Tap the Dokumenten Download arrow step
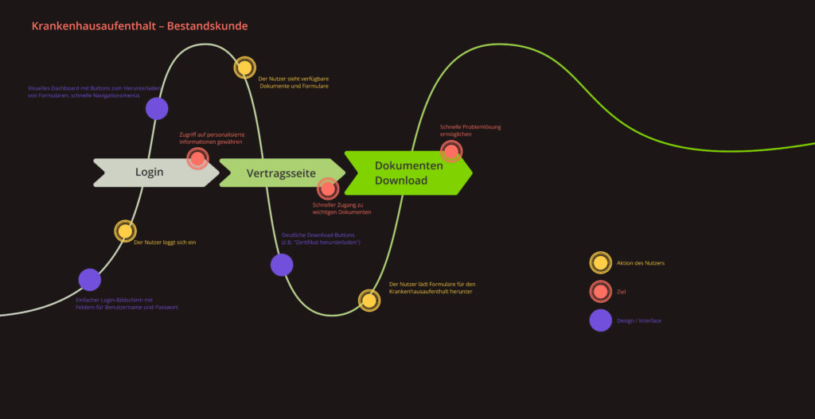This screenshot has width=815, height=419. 408,173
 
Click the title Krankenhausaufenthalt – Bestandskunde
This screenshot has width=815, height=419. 140,26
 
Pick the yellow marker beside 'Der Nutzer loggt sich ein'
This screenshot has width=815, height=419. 125,231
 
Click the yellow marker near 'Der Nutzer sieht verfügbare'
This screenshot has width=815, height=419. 244,68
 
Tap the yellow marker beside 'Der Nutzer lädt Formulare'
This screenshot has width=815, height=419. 369,300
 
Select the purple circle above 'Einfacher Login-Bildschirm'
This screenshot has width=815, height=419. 89,280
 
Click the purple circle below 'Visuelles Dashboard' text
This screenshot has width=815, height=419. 157,108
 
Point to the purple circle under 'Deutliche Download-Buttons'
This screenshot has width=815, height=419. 282,265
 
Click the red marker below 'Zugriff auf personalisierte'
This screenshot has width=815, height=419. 197,158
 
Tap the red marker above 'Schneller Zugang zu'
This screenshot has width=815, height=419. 328,188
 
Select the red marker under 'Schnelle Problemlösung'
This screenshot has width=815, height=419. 451,151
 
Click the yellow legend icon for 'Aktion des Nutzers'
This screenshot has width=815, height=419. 600,262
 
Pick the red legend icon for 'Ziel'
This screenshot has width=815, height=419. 600,291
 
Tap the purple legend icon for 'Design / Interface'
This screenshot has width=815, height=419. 600,320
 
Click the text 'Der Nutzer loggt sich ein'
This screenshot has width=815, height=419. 165,242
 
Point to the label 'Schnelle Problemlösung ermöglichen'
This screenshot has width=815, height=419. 470,130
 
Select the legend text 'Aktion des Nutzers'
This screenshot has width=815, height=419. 641,263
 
